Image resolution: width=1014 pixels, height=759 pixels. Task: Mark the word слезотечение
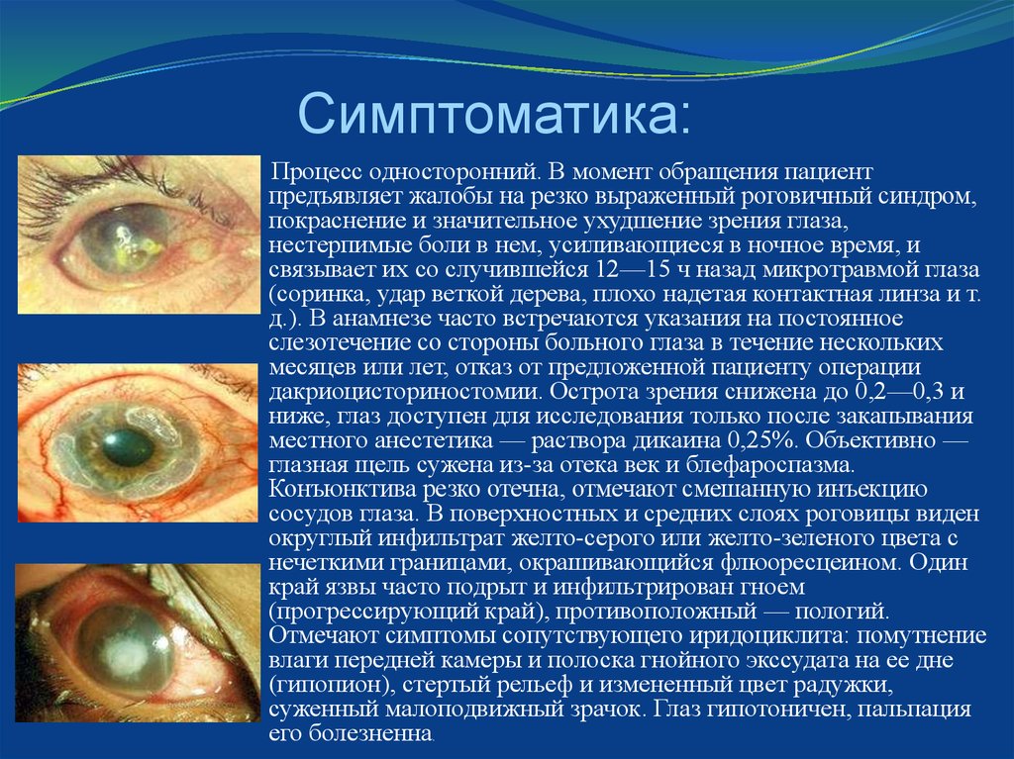click(333, 342)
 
